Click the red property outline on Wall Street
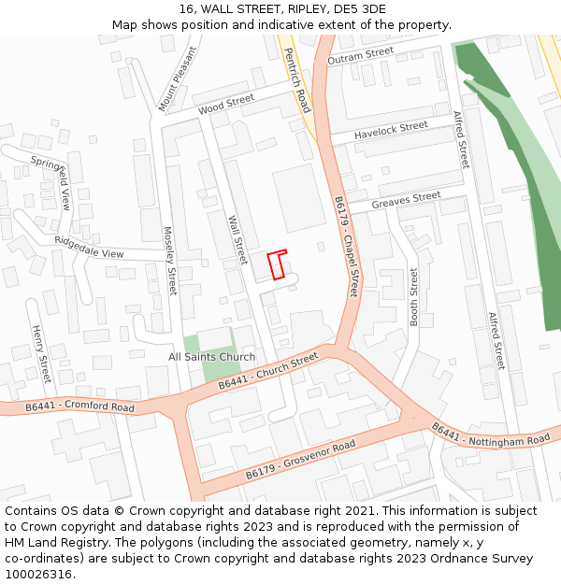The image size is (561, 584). click(277, 264)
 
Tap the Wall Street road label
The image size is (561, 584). click(238, 240)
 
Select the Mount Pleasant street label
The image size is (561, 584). click(177, 79)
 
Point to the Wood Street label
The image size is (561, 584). click(226, 104)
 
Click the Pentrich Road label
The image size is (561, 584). click(296, 81)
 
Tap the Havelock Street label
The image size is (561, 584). click(391, 131)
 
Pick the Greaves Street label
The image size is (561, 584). click(406, 200)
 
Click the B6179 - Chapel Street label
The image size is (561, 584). click(346, 247)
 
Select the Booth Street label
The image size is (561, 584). click(414, 297)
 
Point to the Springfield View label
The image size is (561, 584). click(50, 182)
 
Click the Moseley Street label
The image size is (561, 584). click(170, 262)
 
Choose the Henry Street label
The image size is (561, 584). click(40, 354)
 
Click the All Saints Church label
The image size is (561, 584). click(211, 357)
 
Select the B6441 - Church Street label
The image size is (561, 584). click(268, 371)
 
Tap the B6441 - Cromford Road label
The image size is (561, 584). click(79, 407)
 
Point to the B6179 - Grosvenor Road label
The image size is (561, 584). click(301, 461)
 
